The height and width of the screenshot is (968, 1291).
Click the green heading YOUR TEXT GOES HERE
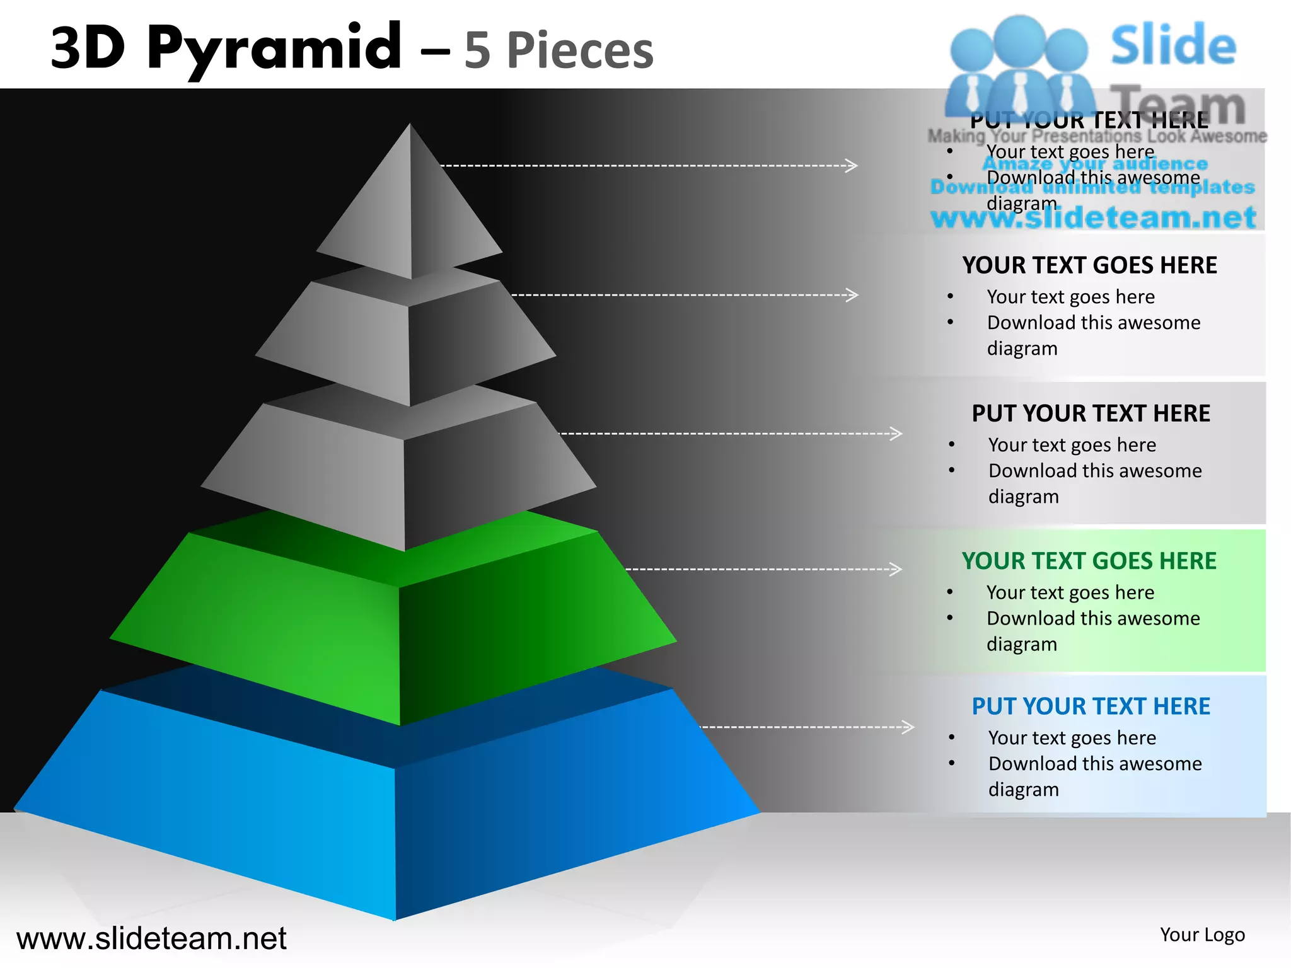(1089, 561)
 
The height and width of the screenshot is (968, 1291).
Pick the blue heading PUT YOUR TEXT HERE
(1091, 706)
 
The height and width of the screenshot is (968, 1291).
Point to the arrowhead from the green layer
(896, 569)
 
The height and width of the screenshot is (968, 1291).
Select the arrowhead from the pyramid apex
(852, 166)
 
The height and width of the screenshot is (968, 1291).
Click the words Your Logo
(1202, 935)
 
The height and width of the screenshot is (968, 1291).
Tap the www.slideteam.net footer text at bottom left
(151, 938)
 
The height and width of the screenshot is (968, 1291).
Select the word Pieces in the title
(580, 50)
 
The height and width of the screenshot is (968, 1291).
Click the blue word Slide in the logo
(1173, 45)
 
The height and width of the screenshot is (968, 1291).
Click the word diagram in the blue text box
(1023, 790)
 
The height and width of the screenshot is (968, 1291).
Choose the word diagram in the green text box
(1021, 644)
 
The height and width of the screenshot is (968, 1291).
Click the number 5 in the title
(477, 50)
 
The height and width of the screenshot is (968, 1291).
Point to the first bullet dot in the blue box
(951, 738)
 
